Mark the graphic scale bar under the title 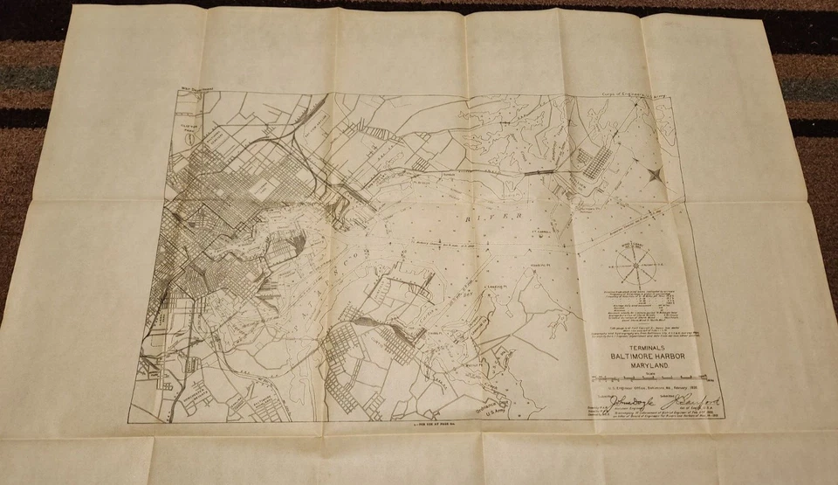pos(648,379)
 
